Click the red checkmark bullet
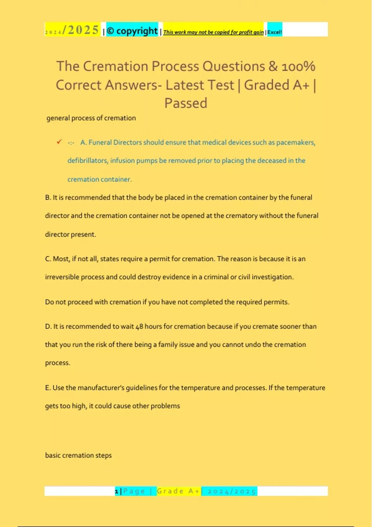point(59,142)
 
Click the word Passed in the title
point(186,103)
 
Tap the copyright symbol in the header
point(110,31)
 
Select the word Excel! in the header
point(275,32)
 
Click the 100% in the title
point(298,66)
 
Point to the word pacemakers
point(295,142)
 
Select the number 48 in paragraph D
point(139,326)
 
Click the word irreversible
point(62,277)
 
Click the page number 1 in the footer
point(117,491)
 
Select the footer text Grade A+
point(178,491)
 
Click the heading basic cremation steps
point(78,455)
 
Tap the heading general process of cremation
point(91,118)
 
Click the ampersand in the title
point(273,66)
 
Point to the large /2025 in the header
point(81,30)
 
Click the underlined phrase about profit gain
point(213,32)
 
